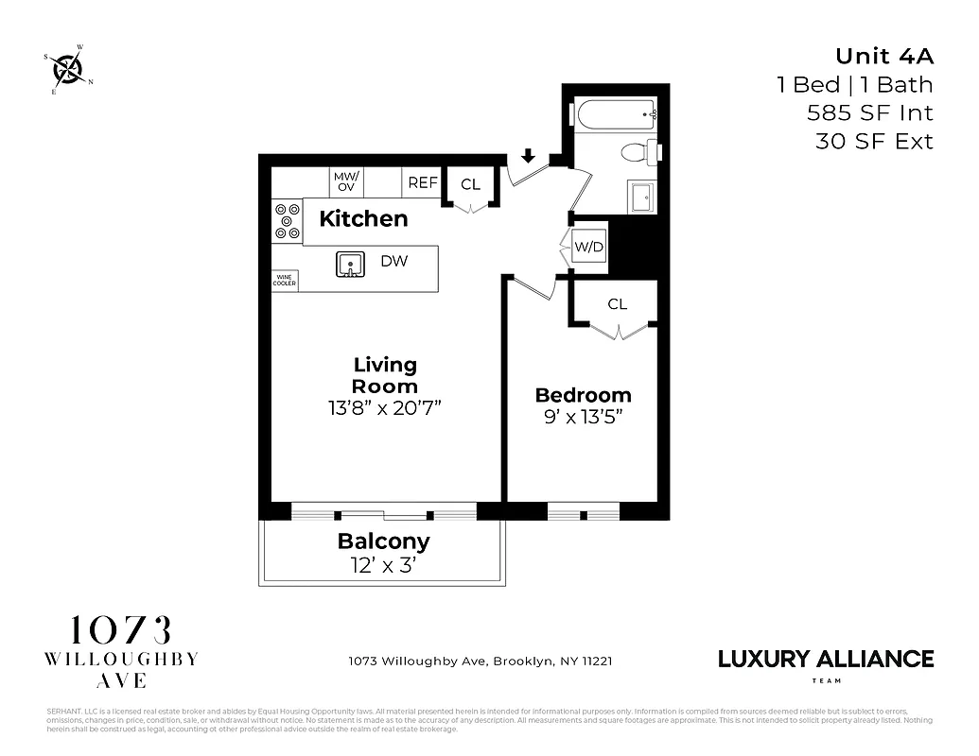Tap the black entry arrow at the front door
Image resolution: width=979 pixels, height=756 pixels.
tap(527, 156)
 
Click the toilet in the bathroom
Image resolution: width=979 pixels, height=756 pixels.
tap(638, 152)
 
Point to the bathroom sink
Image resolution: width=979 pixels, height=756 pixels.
tap(640, 198)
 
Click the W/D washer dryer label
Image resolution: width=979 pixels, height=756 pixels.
tap(588, 248)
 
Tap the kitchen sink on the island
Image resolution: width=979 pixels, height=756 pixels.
tap(351, 265)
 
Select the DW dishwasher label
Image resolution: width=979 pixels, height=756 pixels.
tap(394, 261)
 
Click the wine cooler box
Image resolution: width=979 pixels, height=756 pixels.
tap(285, 280)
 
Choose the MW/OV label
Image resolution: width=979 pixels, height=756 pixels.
tap(341, 181)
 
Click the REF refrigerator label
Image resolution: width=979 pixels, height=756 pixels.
tap(422, 182)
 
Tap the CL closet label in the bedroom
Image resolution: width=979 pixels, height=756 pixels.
tap(618, 304)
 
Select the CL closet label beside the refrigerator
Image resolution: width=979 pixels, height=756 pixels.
tap(470, 184)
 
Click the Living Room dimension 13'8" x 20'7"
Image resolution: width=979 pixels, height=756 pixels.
tap(385, 408)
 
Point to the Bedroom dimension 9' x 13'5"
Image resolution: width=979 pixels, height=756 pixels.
tap(583, 416)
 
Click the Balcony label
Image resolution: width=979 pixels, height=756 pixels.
tap(384, 541)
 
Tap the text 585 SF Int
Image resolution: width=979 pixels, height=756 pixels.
tap(869, 113)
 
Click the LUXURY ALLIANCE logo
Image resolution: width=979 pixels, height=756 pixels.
tap(826, 659)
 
